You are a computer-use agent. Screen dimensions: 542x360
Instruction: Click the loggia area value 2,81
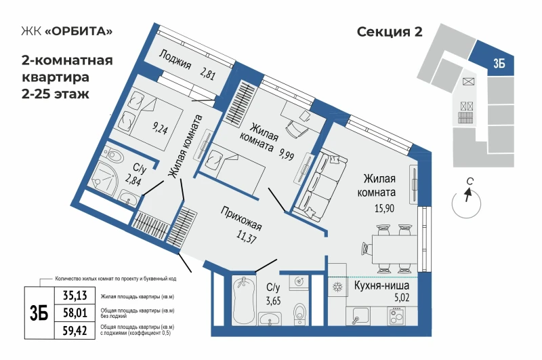pyautogui.click(x=207, y=73)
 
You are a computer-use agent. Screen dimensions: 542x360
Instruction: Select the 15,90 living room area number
pyautogui.click(x=384, y=209)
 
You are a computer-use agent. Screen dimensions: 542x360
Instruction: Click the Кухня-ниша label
pyautogui.click(x=381, y=286)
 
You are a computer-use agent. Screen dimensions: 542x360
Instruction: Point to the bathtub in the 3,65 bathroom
pyautogui.click(x=244, y=300)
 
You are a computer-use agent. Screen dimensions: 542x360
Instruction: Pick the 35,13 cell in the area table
pyautogui.click(x=75, y=296)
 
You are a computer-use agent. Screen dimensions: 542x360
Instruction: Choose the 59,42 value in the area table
pyautogui.click(x=75, y=331)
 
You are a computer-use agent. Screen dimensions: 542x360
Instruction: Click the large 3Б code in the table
pyautogui.click(x=39, y=313)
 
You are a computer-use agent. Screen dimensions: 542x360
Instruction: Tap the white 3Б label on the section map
pyautogui.click(x=499, y=64)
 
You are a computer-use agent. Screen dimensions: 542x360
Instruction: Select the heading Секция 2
pyautogui.click(x=390, y=32)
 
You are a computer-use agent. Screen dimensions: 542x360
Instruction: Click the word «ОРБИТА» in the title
pyautogui.click(x=79, y=31)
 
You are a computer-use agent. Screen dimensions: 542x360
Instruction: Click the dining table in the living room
pyautogui.click(x=394, y=249)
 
